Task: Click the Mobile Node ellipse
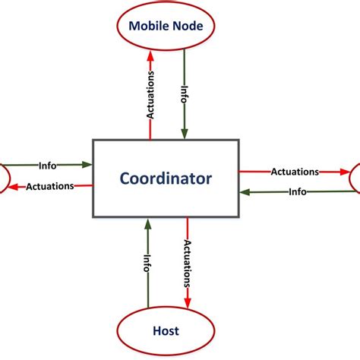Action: (x=166, y=26)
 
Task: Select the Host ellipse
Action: (x=166, y=331)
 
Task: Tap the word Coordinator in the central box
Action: (x=166, y=178)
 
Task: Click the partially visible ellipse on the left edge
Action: (x=4, y=176)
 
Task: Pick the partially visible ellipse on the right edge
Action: (x=355, y=178)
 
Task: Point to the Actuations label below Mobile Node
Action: (x=150, y=94)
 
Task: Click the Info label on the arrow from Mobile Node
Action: (x=184, y=94)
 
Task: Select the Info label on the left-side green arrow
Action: (x=47, y=164)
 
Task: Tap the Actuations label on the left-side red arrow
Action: (x=50, y=186)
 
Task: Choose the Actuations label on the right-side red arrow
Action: (x=295, y=172)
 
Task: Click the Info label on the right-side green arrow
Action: (x=297, y=192)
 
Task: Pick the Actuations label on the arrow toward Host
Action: (x=186, y=262)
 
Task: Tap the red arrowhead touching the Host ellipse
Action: (x=186, y=302)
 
